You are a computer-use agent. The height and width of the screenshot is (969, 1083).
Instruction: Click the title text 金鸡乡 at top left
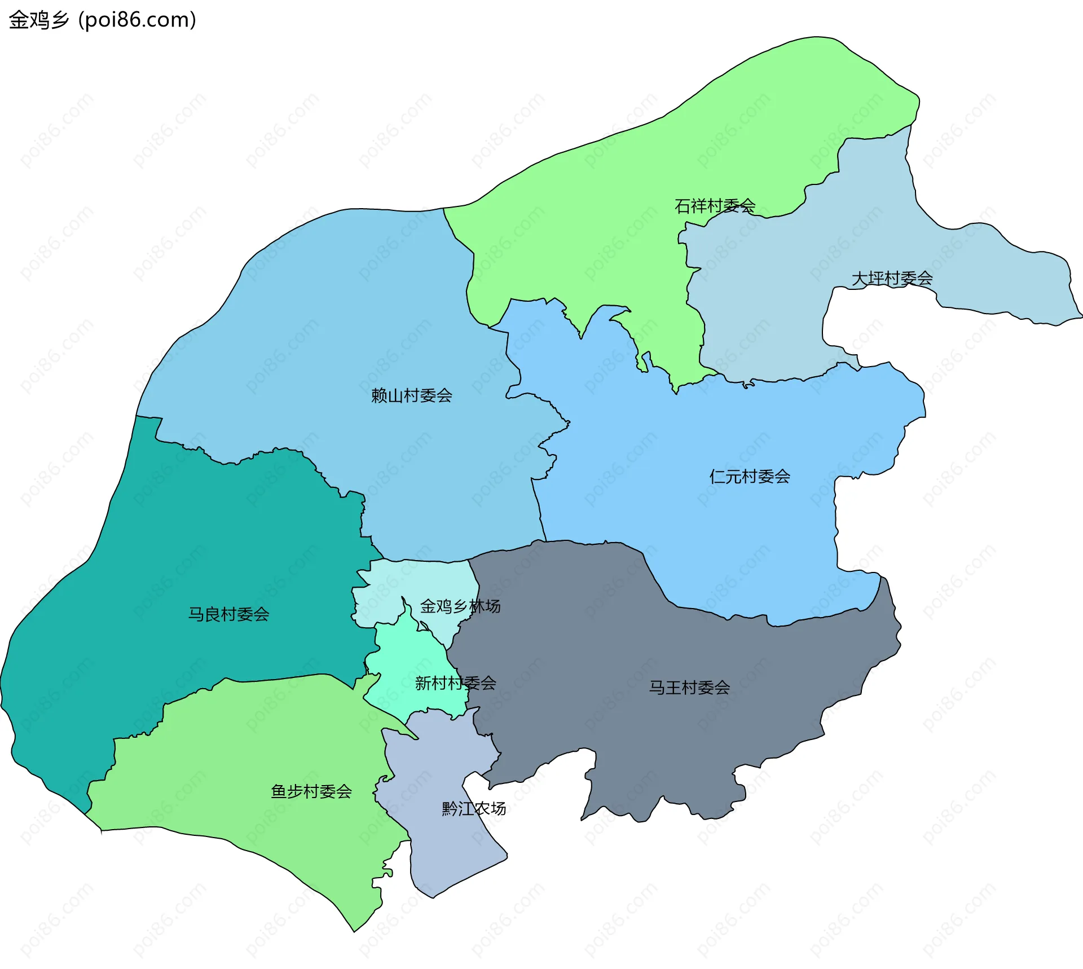click(38, 20)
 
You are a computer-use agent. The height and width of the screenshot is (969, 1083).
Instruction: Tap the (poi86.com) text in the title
click(137, 20)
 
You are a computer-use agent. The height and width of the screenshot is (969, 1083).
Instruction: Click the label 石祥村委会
click(715, 206)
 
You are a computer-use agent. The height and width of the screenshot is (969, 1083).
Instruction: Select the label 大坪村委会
click(892, 278)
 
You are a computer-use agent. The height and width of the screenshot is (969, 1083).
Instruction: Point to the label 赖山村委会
click(411, 395)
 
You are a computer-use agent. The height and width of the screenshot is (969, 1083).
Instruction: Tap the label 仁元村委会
click(750, 477)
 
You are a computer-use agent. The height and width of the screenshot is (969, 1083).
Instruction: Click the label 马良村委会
click(228, 614)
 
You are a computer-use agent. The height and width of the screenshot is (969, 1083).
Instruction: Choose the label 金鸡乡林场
click(460, 606)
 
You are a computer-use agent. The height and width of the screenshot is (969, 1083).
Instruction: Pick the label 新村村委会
click(455, 683)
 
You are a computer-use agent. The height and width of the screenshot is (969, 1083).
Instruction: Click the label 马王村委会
click(689, 688)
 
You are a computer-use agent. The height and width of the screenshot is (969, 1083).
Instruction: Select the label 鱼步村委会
click(311, 791)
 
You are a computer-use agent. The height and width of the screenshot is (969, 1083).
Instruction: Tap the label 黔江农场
click(474, 808)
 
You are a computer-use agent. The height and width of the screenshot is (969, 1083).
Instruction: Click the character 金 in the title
click(19, 20)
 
